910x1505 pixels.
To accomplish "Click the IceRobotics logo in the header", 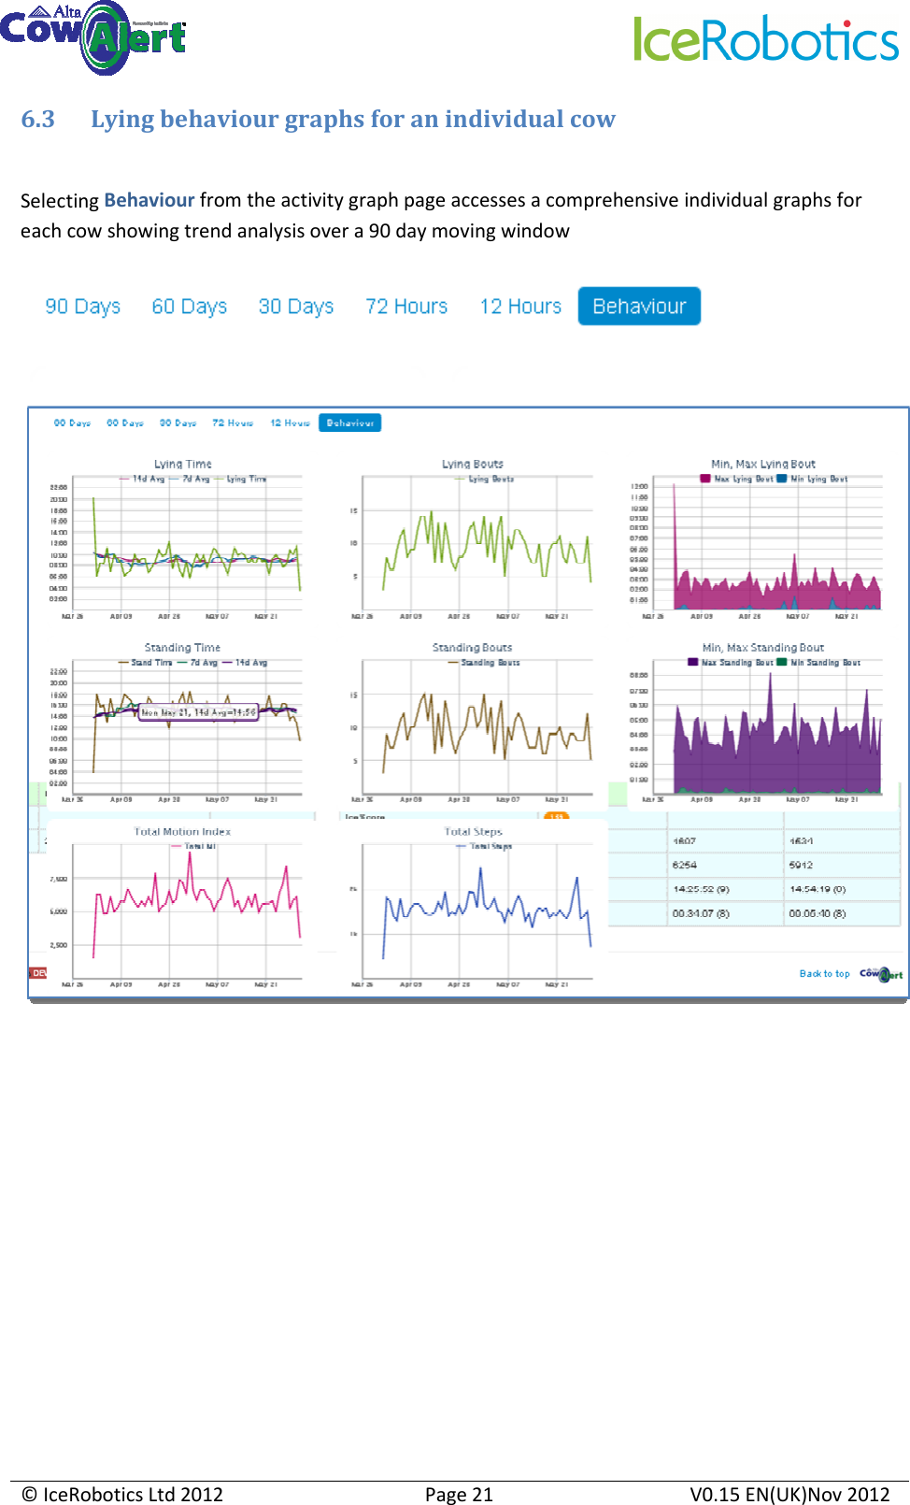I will click(766, 39).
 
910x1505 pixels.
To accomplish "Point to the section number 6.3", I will click(38, 120).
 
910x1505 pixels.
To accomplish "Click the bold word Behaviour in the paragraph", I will click(149, 200).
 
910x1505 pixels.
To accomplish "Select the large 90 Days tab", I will click(83, 307).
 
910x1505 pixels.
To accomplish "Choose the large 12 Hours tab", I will click(520, 307).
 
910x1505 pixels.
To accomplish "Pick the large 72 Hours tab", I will click(406, 307).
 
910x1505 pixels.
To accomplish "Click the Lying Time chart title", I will click(183, 464).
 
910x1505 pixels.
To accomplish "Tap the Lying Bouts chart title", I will click(473, 464).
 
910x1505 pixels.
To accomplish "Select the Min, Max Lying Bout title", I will click(763, 464).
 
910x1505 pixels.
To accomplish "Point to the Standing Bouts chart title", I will click(472, 647).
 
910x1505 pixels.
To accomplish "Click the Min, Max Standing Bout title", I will click(763, 647).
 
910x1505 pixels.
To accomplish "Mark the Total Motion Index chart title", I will click(182, 831).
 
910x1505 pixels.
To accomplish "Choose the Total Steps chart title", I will click(473, 831).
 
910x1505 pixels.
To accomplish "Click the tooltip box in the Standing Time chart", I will click(198, 712).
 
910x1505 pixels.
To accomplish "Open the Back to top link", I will click(824, 974).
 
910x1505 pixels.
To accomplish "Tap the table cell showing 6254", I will click(685, 866).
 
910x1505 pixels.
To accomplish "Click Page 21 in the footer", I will click(459, 1495).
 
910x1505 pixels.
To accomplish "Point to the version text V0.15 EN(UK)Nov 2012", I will click(789, 1495).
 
